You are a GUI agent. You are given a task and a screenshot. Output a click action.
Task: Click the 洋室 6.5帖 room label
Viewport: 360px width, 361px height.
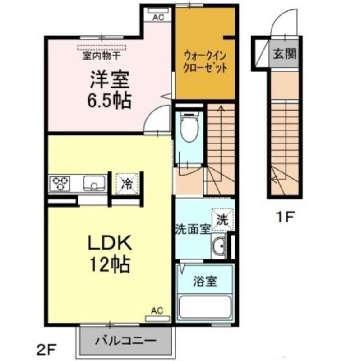(110, 90)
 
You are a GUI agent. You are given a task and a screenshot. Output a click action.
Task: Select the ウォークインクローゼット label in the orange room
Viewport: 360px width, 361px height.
(205, 62)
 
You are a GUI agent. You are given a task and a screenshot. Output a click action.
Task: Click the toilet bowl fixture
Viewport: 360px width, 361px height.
(189, 127)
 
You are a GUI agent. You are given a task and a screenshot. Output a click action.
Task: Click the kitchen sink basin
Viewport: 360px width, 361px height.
(94, 184)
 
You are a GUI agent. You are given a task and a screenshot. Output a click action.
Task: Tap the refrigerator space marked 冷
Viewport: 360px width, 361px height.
(127, 184)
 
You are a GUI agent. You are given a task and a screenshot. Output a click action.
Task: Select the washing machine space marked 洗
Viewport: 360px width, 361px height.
(222, 220)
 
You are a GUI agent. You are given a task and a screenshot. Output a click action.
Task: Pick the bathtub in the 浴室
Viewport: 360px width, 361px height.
(205, 307)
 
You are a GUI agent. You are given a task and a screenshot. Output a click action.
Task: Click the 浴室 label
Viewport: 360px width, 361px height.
(205, 281)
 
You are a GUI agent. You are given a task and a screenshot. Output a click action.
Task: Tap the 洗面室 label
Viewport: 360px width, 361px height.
(193, 229)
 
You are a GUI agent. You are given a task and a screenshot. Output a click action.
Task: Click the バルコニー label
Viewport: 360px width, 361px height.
(126, 341)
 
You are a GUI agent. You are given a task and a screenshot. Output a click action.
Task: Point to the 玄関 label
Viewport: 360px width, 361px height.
(285, 54)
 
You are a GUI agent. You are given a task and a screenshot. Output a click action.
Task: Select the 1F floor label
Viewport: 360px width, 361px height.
(285, 217)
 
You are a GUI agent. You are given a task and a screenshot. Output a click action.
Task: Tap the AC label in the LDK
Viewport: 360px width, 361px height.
(157, 311)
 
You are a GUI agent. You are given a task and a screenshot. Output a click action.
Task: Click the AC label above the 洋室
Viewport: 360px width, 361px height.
(158, 18)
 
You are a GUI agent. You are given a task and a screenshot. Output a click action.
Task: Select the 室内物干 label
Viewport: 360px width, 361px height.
(102, 56)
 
